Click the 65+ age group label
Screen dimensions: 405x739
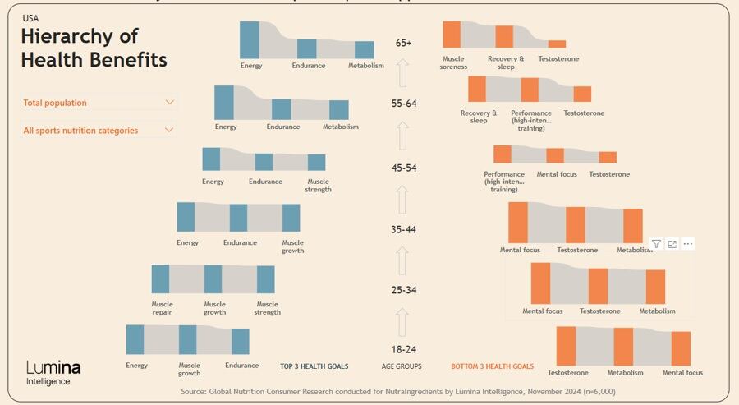pos(403,42)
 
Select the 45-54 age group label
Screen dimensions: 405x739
pos(403,168)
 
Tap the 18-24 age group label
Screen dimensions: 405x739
pos(403,349)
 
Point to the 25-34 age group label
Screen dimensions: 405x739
pos(403,290)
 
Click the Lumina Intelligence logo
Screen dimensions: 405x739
pos(53,372)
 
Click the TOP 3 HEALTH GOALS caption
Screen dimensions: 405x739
pos(314,366)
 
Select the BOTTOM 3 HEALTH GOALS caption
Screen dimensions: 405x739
pos(492,366)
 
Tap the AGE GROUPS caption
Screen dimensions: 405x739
pos(402,366)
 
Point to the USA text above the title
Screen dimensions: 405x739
pos(30,17)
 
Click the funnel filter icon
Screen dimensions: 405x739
pos(656,244)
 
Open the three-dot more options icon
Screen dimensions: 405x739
pos(688,244)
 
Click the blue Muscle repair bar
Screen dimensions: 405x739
pos(160,279)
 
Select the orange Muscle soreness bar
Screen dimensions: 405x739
pos(452,35)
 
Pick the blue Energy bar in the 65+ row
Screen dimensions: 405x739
pos(250,39)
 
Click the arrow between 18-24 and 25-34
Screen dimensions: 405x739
pos(402,320)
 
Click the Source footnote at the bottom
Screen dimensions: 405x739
pos(398,392)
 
